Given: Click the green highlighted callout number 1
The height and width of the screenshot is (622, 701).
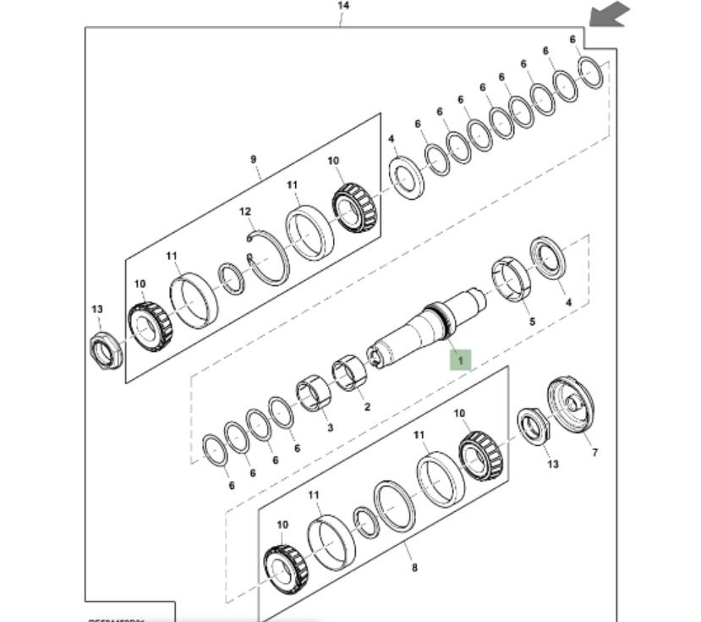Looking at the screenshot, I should (460, 361).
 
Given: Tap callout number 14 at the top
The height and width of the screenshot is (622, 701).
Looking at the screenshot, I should (343, 6).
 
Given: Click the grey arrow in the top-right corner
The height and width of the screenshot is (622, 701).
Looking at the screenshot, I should (611, 14).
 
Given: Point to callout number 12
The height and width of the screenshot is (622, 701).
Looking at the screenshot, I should (245, 212).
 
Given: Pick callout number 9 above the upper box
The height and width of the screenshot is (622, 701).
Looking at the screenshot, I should (253, 158).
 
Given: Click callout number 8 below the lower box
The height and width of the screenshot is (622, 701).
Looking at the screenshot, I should (413, 568).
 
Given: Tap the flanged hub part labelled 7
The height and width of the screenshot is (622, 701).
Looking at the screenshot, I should (570, 405).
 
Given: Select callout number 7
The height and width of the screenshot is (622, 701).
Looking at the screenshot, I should (594, 452).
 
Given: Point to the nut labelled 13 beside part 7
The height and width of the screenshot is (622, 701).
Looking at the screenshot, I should (532, 425).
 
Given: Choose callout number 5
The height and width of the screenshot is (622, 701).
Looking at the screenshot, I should (532, 322).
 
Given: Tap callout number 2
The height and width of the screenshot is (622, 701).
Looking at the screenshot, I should (367, 406).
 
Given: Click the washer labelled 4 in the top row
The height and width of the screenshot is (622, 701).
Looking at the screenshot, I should (407, 177).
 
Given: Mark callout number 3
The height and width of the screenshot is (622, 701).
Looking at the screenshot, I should (330, 427).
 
